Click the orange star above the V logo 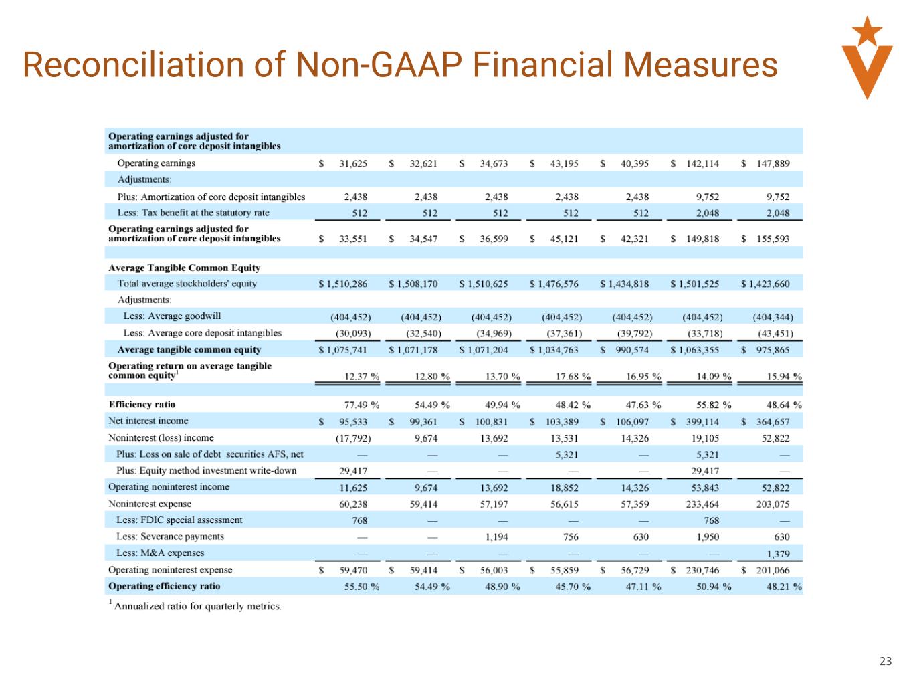(867, 29)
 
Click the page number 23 (885, 662)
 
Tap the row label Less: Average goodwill (172, 316)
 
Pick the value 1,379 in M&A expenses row (777, 553)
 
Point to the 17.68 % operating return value (573, 376)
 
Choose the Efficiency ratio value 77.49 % (362, 405)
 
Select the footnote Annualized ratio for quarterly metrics (198, 607)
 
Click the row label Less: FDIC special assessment (179, 520)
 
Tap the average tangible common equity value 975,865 (773, 350)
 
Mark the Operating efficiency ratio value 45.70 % (573, 587)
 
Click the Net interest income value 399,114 (702, 421)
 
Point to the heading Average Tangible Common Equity (184, 268)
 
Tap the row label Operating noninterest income (169, 487)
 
